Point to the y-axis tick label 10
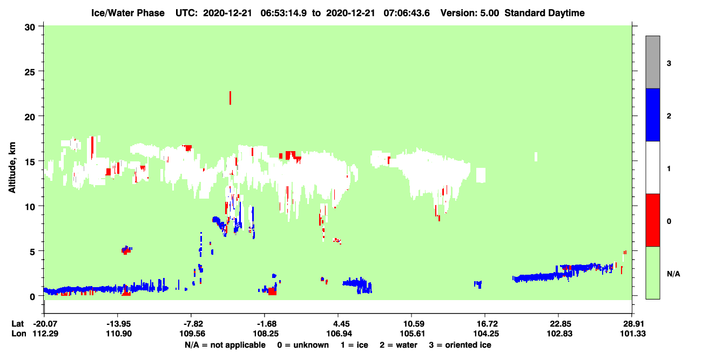[x=30, y=207]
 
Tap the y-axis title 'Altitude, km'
[x=12, y=168]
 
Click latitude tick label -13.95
[x=118, y=324]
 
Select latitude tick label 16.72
[x=485, y=324]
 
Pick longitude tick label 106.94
[x=339, y=334]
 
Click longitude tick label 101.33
[x=633, y=334]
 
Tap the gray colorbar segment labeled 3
[x=652, y=62]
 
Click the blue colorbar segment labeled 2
[x=652, y=115]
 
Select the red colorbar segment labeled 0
[x=652, y=220]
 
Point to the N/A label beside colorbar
[x=673, y=274]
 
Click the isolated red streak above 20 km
[x=231, y=98]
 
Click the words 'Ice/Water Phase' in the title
[x=128, y=13]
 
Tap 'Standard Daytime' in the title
[x=544, y=13]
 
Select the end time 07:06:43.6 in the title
[x=407, y=13]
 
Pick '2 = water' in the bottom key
[x=399, y=345]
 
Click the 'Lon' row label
[x=19, y=334]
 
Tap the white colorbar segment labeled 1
[x=652, y=168]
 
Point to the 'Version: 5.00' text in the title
[x=469, y=13]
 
